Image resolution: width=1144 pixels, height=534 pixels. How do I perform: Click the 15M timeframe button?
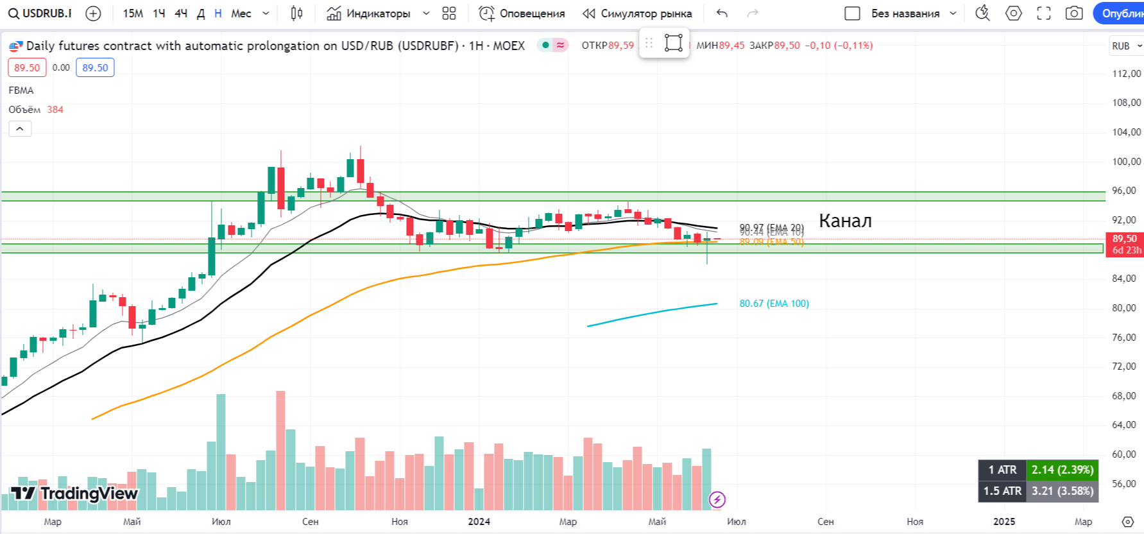133,13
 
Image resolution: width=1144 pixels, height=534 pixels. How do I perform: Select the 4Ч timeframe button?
181,13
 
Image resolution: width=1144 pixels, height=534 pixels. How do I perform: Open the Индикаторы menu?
378,13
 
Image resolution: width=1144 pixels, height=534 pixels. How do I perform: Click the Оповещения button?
522,13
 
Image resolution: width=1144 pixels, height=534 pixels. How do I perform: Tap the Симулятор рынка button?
637,13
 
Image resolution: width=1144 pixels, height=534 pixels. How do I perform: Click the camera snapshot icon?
1073,13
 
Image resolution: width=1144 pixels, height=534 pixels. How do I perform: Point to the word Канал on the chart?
845,221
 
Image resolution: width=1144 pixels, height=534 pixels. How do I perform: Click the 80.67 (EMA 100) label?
774,304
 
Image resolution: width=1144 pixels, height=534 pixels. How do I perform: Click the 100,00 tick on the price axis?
1126,162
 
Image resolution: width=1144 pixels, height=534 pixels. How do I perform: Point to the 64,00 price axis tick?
1126,425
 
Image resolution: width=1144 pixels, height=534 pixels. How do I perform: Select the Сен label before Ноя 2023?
311,522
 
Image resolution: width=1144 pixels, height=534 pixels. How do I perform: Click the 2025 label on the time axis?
1004,522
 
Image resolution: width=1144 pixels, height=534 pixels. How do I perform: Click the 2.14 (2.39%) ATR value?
1062,470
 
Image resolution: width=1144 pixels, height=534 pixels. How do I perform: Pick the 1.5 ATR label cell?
1002,491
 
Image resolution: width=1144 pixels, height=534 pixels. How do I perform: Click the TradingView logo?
74,494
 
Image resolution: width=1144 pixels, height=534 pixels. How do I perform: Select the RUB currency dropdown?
1126,46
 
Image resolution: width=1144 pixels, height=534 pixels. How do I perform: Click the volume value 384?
55,110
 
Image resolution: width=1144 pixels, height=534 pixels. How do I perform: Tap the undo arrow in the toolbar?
722,13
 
